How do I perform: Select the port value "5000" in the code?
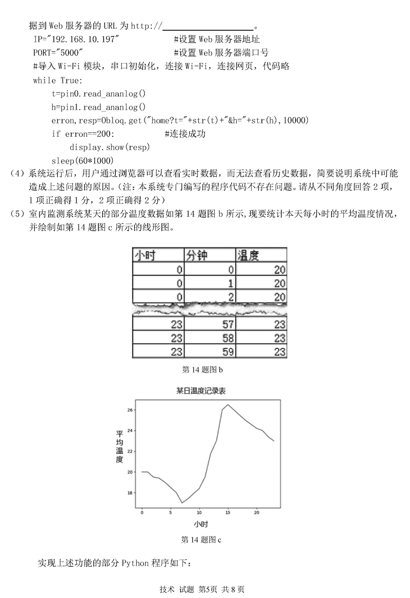click(x=70, y=52)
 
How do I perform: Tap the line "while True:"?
click(x=57, y=80)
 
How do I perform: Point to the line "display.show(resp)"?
click(x=109, y=148)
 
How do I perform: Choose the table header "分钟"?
click(x=198, y=255)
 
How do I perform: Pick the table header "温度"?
click(x=249, y=255)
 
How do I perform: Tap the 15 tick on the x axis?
click(x=228, y=512)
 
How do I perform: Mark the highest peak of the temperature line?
click(x=228, y=405)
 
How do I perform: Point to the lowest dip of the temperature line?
click(x=182, y=503)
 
